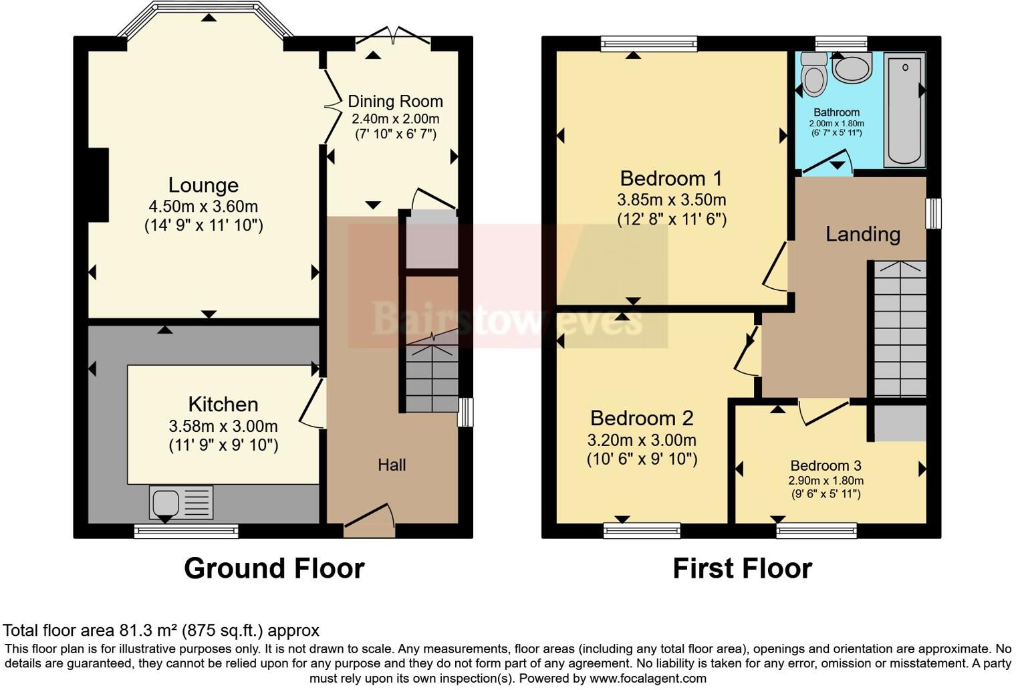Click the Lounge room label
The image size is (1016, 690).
[203, 185]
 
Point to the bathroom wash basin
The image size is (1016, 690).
[852, 68]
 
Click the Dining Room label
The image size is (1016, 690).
[395, 102]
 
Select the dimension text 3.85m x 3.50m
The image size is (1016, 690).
[671, 200]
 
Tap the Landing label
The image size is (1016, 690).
[862, 234]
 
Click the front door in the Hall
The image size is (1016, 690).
[369, 520]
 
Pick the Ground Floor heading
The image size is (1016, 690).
[274, 568]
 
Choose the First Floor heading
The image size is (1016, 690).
[742, 568]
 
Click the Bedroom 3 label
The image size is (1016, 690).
[825, 465]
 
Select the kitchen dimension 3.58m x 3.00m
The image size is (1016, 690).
[223, 427]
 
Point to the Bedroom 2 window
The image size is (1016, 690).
[642, 531]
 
